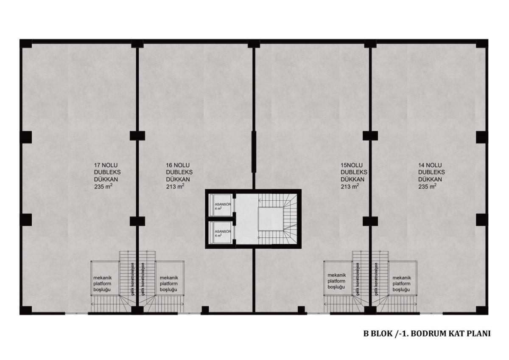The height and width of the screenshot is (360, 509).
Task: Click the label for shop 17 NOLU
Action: pyautogui.click(x=107, y=176)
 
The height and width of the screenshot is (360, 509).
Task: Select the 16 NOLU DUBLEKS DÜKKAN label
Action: pyautogui.click(x=179, y=176)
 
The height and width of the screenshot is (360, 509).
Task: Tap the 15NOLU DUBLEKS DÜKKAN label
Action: pyautogui.click(x=354, y=176)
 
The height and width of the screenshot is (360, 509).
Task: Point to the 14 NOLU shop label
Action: pyautogui.click(x=431, y=176)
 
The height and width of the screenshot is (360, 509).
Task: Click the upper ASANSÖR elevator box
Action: pyautogui.click(x=220, y=205)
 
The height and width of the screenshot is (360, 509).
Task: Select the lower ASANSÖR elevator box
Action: pyautogui.click(x=220, y=232)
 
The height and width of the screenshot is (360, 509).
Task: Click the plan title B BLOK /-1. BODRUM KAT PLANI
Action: pyautogui.click(x=427, y=334)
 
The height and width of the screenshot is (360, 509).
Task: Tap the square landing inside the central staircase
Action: pyautogui.click(x=271, y=219)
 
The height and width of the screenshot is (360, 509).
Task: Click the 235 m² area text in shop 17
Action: pyautogui.click(x=103, y=186)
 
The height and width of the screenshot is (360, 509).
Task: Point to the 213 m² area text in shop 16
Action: pyautogui.click(x=175, y=186)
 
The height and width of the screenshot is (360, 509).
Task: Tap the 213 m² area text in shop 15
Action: pyautogui.click(x=350, y=186)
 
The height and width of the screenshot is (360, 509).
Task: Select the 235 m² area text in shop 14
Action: pyautogui.click(x=427, y=186)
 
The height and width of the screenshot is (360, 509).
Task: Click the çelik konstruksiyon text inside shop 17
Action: pyautogui.click(x=132, y=279)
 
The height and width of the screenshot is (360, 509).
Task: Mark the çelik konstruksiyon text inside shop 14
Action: pyautogui.click(x=376, y=279)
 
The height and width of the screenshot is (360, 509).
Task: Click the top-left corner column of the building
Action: pyautogui.click(x=26, y=43)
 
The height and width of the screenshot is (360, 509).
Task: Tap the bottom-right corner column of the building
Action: pyautogui.click(x=482, y=310)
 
